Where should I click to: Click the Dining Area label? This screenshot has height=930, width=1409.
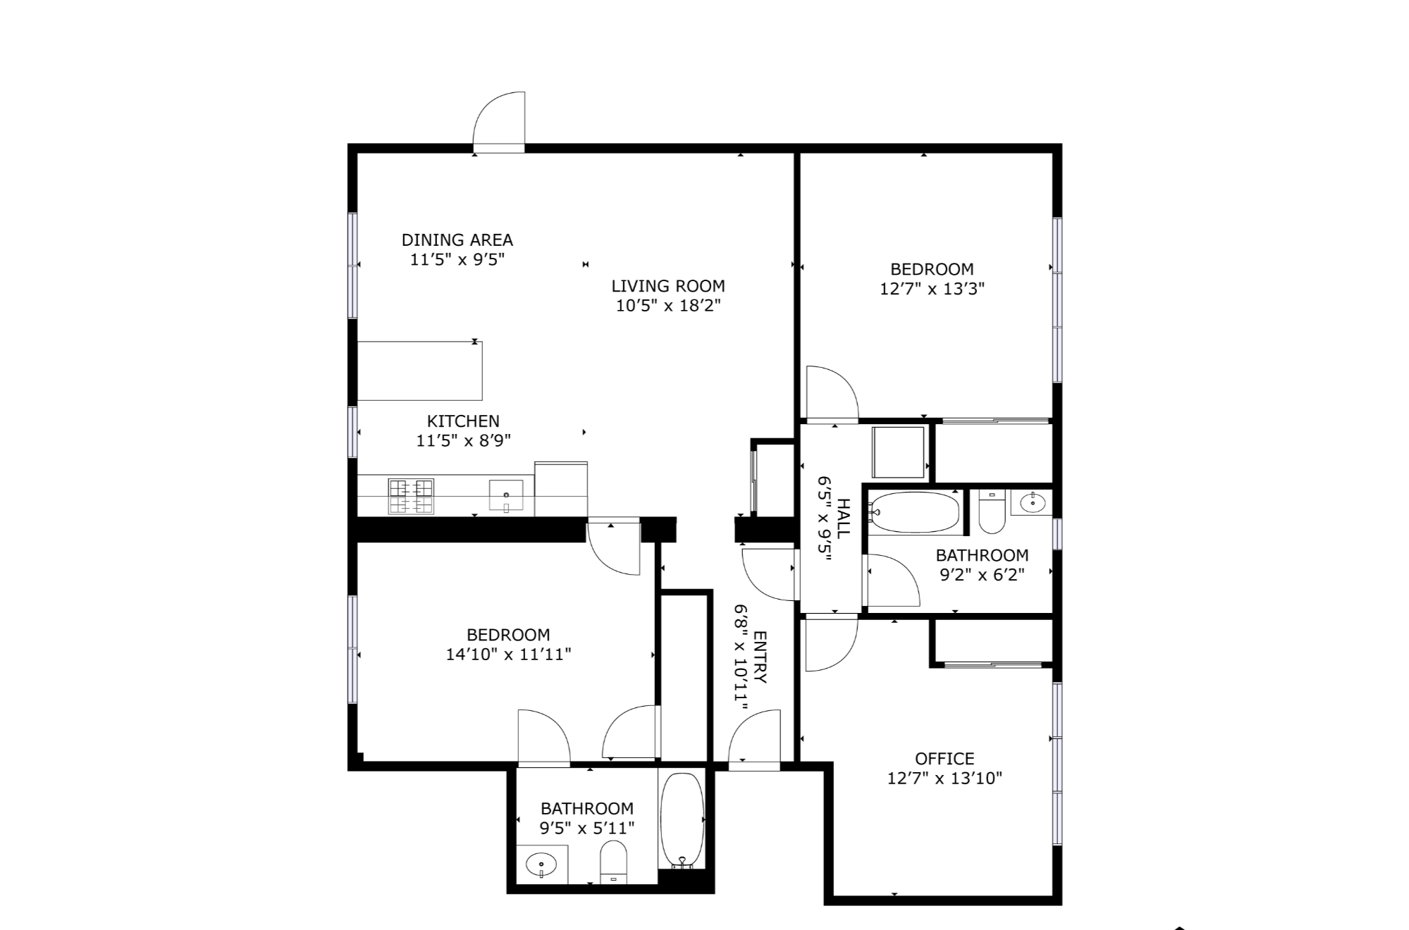pyautogui.click(x=457, y=240)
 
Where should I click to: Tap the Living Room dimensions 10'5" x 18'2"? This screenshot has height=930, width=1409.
pyautogui.click(x=668, y=306)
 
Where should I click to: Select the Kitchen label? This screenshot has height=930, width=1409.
pyautogui.click(x=463, y=421)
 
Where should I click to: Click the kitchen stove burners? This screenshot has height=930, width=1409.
pyautogui.click(x=411, y=496)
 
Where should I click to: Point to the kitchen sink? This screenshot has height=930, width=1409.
pyautogui.click(x=506, y=495)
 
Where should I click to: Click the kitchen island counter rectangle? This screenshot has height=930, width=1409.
pyautogui.click(x=420, y=371)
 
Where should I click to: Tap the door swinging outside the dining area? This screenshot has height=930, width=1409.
pyautogui.click(x=499, y=122)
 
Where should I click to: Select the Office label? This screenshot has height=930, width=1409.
pyautogui.click(x=945, y=759)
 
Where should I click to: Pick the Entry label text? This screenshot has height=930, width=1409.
pyautogui.click(x=760, y=657)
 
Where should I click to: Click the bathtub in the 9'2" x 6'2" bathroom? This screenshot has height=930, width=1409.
pyautogui.click(x=914, y=512)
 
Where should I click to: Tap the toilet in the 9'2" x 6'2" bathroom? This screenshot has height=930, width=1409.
pyautogui.click(x=992, y=513)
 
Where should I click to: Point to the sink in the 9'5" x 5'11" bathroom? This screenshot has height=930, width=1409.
pyautogui.click(x=542, y=864)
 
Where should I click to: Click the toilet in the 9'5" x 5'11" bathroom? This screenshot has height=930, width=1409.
pyautogui.click(x=613, y=862)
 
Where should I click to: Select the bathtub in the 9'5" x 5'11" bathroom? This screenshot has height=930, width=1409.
pyautogui.click(x=682, y=820)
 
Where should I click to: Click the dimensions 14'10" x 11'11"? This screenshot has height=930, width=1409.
pyautogui.click(x=508, y=655)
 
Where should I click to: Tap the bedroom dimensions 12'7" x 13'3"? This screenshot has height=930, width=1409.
pyautogui.click(x=932, y=289)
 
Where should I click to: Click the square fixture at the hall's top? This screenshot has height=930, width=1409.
pyautogui.click(x=898, y=452)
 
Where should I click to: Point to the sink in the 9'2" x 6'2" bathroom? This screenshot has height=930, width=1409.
pyautogui.click(x=1032, y=503)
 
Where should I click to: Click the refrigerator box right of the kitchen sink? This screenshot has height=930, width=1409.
pyautogui.click(x=561, y=489)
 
